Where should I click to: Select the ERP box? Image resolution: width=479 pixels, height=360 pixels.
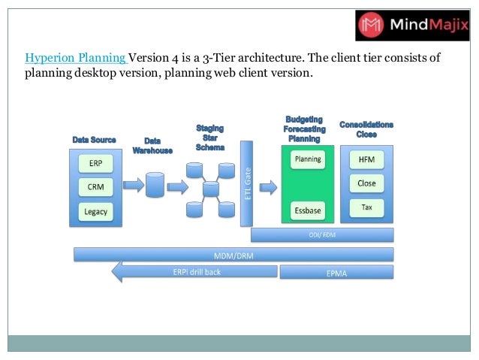pyautogui.click(x=95, y=163)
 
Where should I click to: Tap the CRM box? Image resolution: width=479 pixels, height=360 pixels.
pyautogui.click(x=95, y=186)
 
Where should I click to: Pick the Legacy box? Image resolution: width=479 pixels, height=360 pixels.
pyautogui.click(x=95, y=211)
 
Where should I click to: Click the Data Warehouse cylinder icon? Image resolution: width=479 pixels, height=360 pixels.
pyautogui.click(x=155, y=184)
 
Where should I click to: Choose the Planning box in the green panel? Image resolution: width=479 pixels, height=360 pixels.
pyautogui.click(x=308, y=159)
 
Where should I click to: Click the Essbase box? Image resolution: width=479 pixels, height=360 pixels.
pyautogui.click(x=308, y=210)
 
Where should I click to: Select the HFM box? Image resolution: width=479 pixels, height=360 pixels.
pyautogui.click(x=367, y=160)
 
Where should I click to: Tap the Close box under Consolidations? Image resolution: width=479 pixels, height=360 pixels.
pyautogui.click(x=367, y=183)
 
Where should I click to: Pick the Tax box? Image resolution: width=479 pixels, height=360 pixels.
pyautogui.click(x=367, y=207)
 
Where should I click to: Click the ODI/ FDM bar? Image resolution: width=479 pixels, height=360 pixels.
pyautogui.click(x=322, y=234)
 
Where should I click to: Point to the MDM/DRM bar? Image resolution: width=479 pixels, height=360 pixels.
pyautogui.click(x=233, y=255)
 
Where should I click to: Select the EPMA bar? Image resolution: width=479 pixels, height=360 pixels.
pyautogui.click(x=336, y=273)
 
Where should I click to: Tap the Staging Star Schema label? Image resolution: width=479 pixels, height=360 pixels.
pyautogui.click(x=209, y=138)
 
